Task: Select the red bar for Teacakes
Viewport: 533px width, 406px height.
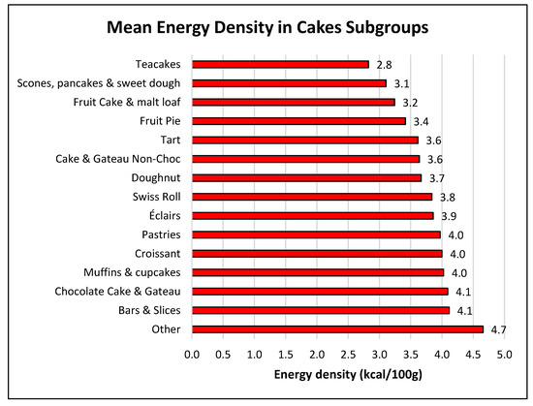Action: coord(280,65)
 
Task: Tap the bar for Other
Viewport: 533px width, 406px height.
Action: coord(337,329)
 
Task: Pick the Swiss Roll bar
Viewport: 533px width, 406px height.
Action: coord(311,197)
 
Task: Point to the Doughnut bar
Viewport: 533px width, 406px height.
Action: coord(306,178)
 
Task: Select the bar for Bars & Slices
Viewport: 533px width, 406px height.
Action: coord(321,310)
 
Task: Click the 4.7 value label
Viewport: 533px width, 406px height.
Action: coord(500,329)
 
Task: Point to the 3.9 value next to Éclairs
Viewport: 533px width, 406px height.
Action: coord(450,216)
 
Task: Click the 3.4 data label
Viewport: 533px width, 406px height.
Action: coord(422,121)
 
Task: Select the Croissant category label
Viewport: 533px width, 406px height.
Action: coord(161,254)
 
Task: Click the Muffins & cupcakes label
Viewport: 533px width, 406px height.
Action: coord(132,272)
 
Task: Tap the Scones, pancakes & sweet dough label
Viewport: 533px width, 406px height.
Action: coord(101,83)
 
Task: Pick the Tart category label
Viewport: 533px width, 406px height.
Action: coord(174,141)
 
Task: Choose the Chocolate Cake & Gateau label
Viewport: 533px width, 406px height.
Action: coord(122,292)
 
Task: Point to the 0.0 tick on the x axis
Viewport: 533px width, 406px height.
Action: coord(192,355)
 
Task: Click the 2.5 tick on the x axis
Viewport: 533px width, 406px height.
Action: coord(348,355)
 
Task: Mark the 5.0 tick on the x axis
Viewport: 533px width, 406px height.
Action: coord(504,355)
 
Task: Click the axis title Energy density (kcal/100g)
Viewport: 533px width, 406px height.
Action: coord(348,374)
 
